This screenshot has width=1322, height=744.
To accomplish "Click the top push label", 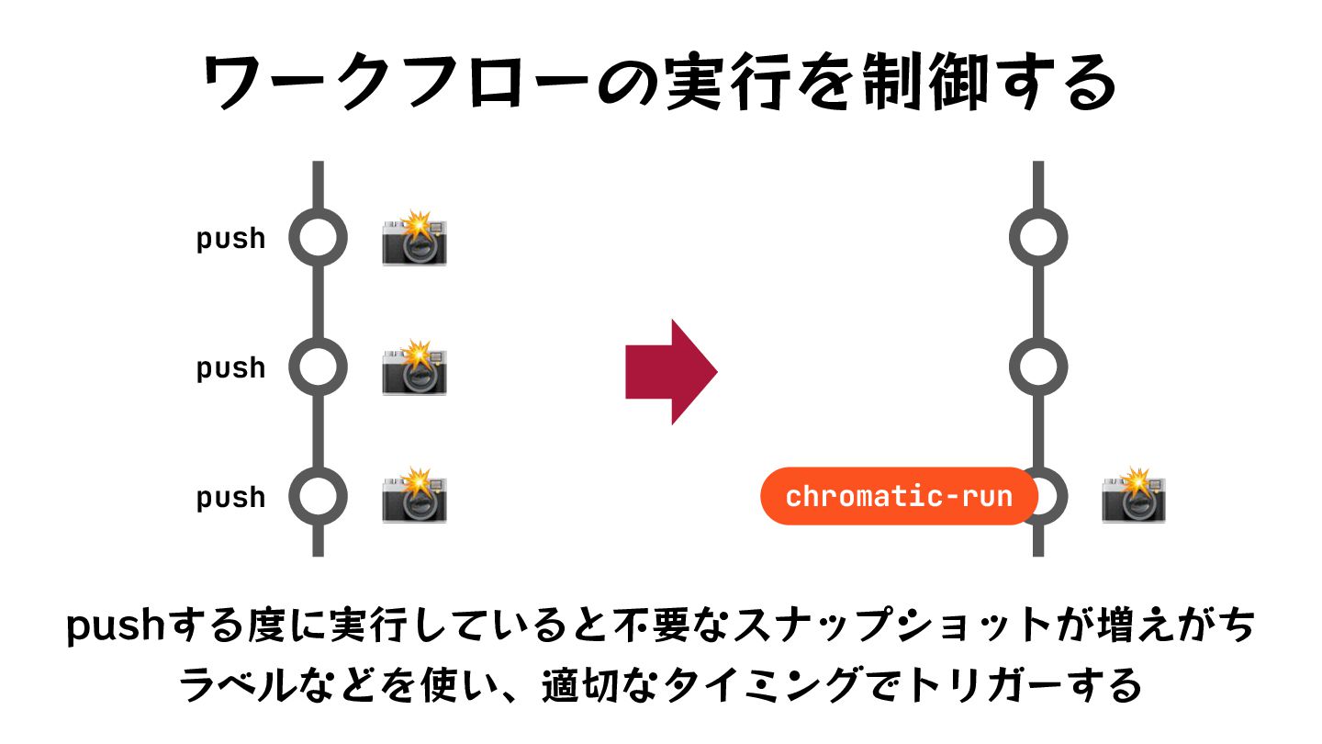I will [230, 239].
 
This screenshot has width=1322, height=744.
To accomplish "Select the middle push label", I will [230, 368].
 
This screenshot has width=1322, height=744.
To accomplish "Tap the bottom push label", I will [230, 498].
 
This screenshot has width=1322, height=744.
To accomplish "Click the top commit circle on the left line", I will [319, 238].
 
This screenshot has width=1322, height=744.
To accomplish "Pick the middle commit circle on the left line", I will [319, 367].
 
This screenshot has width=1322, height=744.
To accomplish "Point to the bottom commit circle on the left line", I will [319, 497].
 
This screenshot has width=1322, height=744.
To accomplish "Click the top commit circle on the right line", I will [1038, 238].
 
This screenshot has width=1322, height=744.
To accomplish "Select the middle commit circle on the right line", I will [1038, 367].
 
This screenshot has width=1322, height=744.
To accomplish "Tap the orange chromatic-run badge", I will [899, 497].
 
